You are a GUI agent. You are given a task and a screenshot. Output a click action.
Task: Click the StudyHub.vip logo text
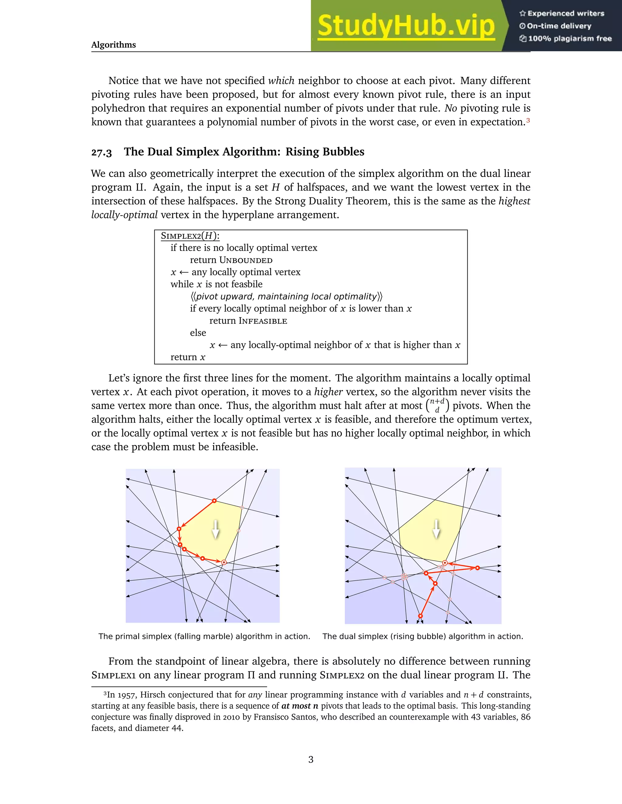(x=406, y=26)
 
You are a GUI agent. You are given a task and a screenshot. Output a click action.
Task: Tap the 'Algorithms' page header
(x=114, y=45)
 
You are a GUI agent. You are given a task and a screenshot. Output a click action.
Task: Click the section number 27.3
(x=101, y=152)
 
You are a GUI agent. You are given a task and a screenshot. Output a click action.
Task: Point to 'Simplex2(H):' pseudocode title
(x=190, y=236)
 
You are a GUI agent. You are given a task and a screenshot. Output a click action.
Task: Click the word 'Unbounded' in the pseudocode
(x=246, y=260)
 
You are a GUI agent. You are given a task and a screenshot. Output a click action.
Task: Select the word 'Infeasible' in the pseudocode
(x=263, y=321)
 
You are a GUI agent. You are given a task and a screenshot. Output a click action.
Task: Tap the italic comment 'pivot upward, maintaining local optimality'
(x=286, y=296)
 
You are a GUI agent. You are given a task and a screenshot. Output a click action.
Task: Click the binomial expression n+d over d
(x=437, y=405)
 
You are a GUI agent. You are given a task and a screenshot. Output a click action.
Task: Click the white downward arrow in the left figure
(x=216, y=529)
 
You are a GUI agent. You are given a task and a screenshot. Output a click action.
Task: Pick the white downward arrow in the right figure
(x=436, y=529)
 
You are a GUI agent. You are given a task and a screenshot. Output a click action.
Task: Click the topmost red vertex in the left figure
(x=214, y=501)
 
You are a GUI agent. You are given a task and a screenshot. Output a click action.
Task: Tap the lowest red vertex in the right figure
(x=420, y=616)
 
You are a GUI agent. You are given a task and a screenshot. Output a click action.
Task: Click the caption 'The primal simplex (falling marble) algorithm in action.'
(x=204, y=637)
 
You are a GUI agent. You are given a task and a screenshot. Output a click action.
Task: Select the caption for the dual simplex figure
(x=423, y=637)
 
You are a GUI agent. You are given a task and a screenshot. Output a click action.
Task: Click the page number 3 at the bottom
(x=311, y=759)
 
